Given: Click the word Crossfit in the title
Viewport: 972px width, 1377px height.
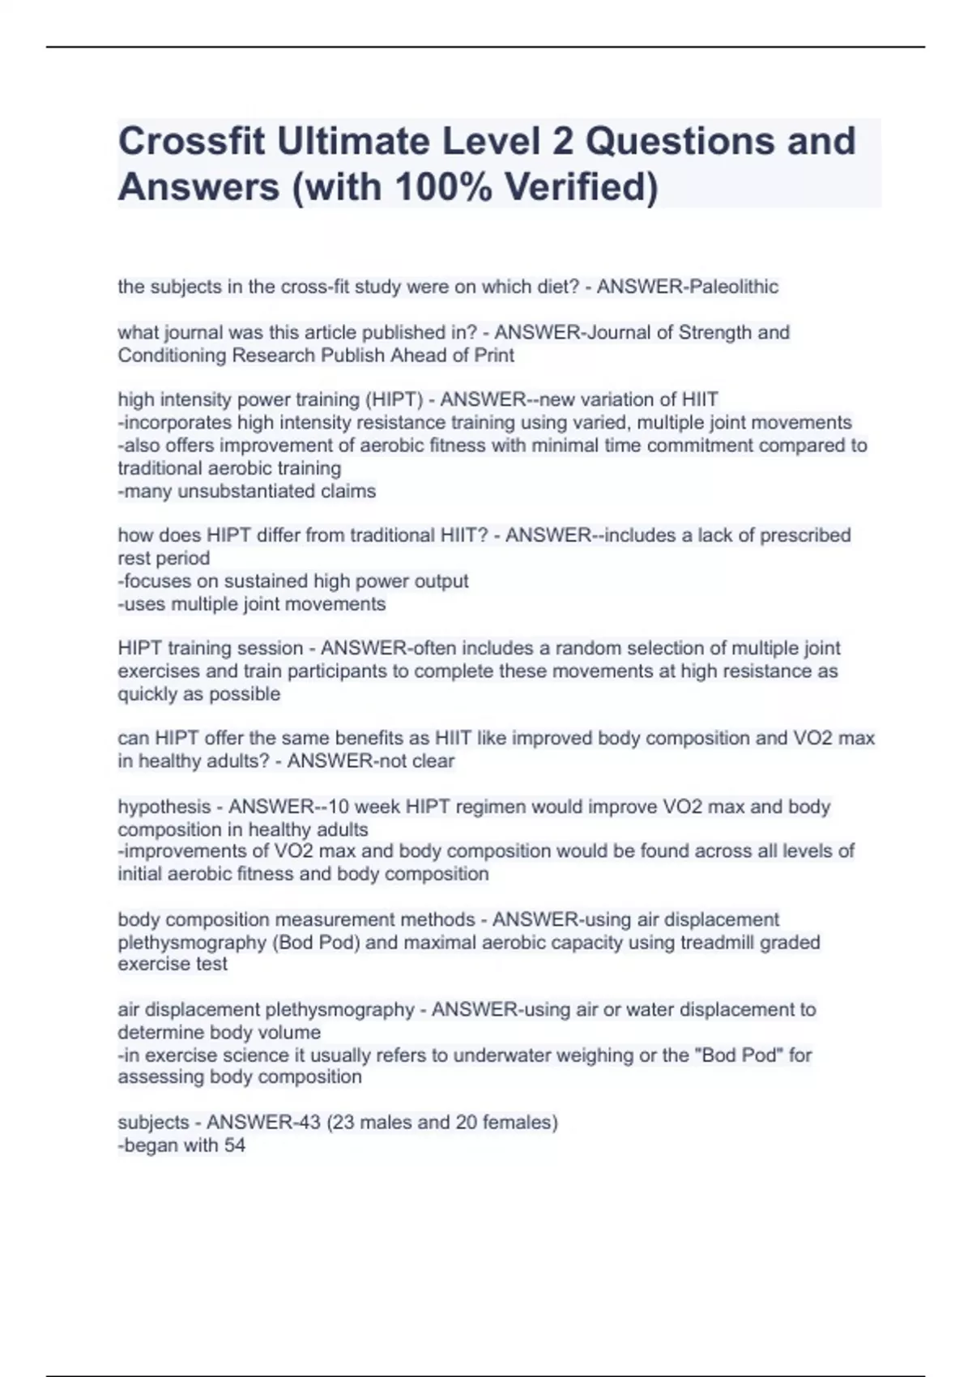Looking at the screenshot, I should pyautogui.click(x=193, y=142).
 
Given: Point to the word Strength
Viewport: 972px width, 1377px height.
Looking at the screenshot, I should pyautogui.click(x=714, y=332).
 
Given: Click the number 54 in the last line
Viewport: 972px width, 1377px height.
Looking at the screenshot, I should pyautogui.click(x=234, y=1145).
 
